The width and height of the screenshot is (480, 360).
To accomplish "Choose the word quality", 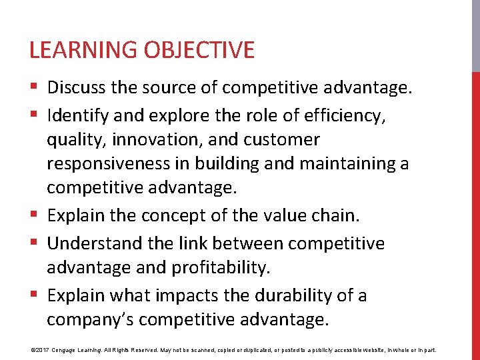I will [76, 139].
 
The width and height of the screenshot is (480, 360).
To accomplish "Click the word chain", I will [337, 216].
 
